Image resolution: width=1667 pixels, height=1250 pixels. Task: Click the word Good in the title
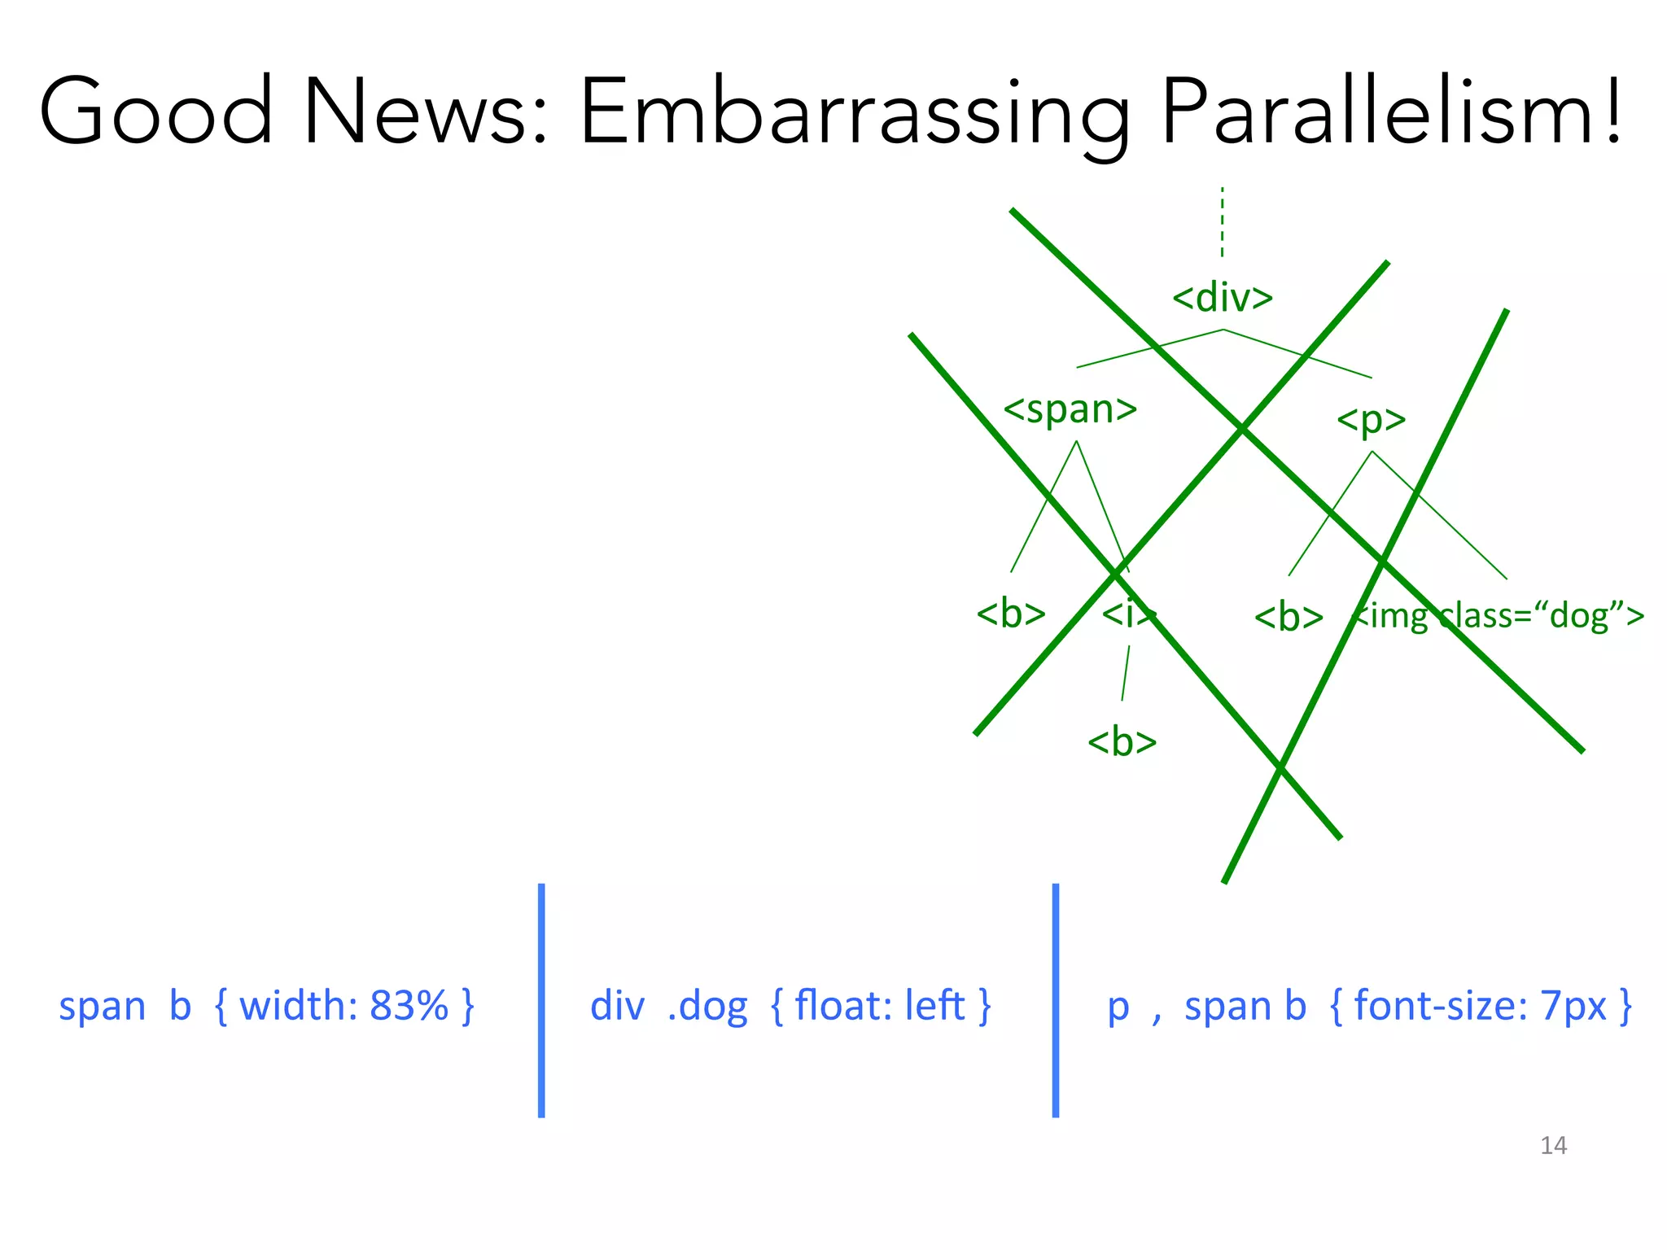click(155, 111)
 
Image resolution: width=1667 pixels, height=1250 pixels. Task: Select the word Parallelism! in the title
click(1393, 111)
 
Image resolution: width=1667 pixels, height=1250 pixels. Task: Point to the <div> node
click(1222, 298)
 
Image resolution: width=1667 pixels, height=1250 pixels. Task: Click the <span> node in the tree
click(1070, 409)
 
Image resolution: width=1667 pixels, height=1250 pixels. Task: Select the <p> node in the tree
click(1371, 420)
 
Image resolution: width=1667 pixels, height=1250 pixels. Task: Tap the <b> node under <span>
click(1010, 614)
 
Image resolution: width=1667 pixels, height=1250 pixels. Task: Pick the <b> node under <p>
click(1288, 617)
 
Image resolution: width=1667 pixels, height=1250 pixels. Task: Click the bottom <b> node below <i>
click(1122, 742)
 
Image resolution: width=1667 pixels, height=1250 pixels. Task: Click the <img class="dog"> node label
click(1498, 615)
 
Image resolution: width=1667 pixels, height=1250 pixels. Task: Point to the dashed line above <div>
click(1222, 221)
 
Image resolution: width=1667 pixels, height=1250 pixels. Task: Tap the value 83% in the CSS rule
click(409, 1006)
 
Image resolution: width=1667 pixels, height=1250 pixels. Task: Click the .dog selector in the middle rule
click(707, 1007)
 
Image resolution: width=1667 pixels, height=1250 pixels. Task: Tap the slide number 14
click(1553, 1146)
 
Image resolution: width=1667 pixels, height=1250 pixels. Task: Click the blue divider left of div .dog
click(541, 1000)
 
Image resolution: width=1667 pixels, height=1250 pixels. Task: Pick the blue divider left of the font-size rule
click(1056, 1000)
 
